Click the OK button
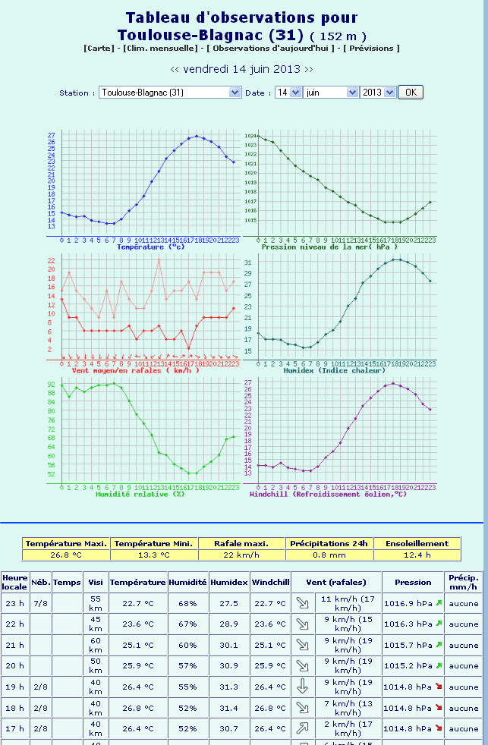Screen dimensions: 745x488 point(410,92)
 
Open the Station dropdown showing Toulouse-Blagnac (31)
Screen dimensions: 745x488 point(170,92)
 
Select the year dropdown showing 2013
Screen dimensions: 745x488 point(378,92)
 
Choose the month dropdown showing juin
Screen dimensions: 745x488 point(330,92)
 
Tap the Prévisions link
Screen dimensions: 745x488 point(371,48)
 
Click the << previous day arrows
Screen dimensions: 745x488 point(175,68)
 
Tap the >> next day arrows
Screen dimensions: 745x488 point(308,68)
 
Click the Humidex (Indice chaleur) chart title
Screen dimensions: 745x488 point(334,370)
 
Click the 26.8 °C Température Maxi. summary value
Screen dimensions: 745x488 point(66,555)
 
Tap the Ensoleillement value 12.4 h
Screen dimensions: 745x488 point(417,555)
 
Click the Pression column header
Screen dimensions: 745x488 point(413,582)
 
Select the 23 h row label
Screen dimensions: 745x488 point(15,603)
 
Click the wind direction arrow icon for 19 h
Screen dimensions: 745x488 point(302,687)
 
